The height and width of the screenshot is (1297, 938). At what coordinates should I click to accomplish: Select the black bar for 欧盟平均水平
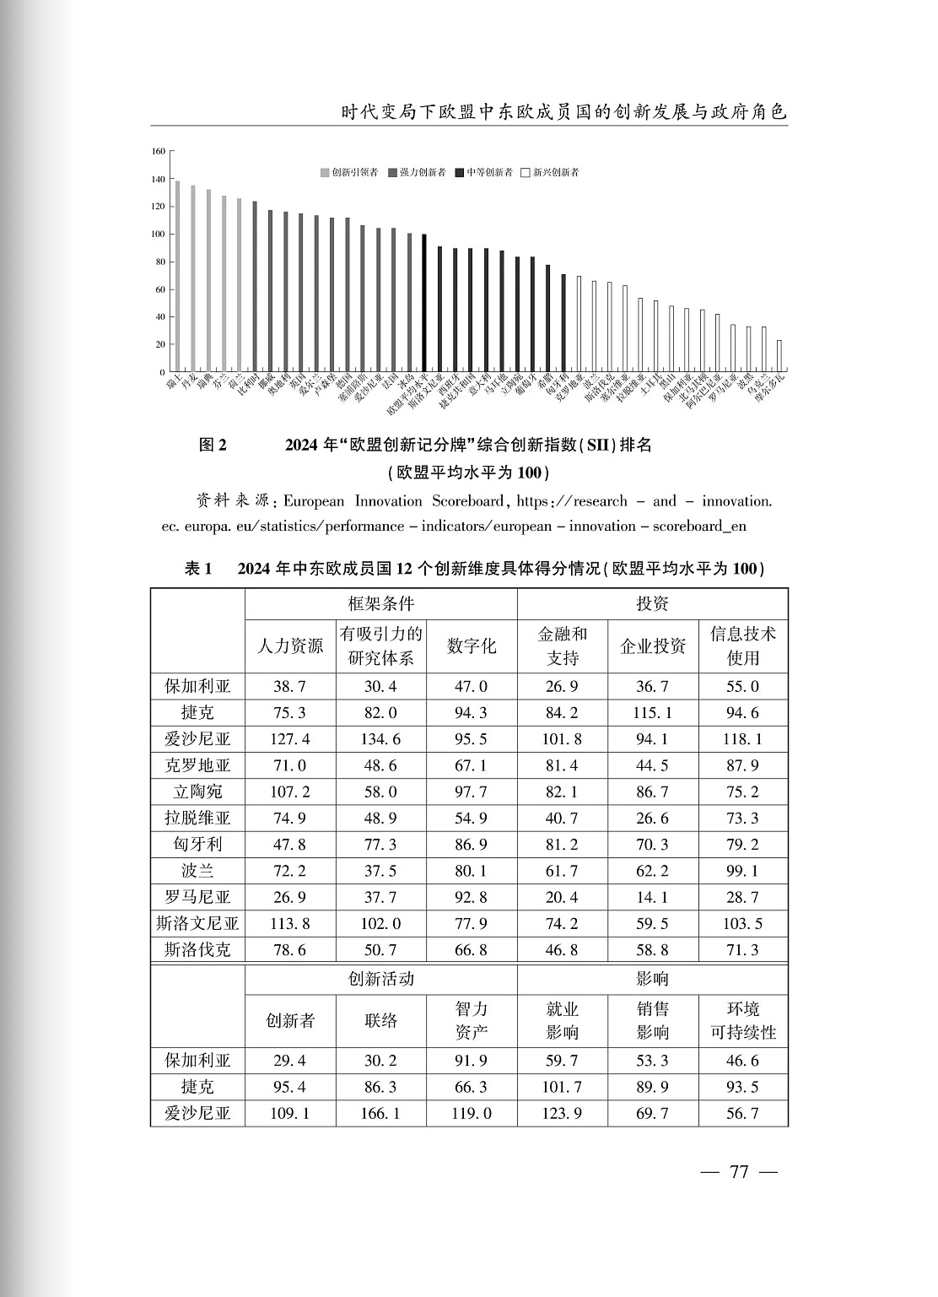pos(424,303)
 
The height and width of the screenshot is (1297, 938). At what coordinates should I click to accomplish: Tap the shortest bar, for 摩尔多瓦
pos(779,355)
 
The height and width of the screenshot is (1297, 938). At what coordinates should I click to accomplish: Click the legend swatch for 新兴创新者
pos(526,173)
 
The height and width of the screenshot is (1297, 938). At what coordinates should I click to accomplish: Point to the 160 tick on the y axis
pos(159,152)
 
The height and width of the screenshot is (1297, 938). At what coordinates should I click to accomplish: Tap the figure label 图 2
pos(213,445)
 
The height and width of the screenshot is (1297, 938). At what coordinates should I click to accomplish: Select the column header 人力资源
pos(290,646)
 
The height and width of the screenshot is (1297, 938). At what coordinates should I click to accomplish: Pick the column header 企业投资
pos(653,646)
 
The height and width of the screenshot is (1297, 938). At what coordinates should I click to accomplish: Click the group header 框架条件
pos(380,604)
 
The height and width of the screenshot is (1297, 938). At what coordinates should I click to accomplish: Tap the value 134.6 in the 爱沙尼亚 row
pos(380,739)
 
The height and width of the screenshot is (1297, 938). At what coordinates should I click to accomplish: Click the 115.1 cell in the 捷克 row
pos(653,713)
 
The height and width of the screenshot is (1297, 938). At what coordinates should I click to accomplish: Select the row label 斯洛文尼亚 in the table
pos(197,923)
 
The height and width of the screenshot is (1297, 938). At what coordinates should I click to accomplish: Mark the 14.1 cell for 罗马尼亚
pos(653,897)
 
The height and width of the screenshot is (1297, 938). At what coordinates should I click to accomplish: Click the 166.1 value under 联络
pos(380,1114)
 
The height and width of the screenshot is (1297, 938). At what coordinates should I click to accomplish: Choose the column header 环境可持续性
pos(743,1020)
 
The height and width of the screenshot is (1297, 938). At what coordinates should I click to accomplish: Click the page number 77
pos(740,1173)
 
